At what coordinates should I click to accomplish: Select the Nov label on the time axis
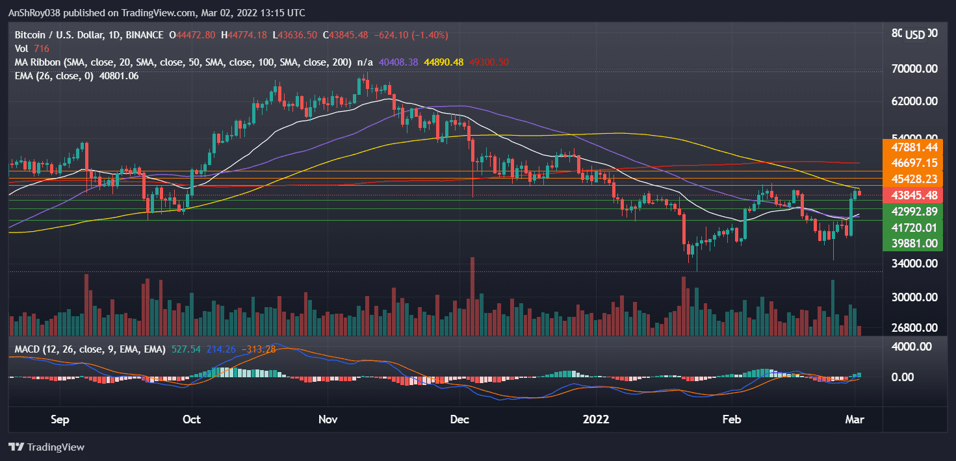coord(328,419)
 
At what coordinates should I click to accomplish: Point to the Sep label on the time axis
coord(59,419)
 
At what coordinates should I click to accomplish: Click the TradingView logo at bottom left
coord(46,447)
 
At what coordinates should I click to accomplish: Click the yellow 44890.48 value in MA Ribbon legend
coord(444,62)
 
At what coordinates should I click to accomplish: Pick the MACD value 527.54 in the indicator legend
coord(186,349)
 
